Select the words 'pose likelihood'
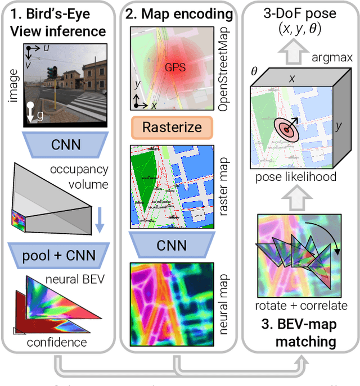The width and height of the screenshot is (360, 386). point(295,177)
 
